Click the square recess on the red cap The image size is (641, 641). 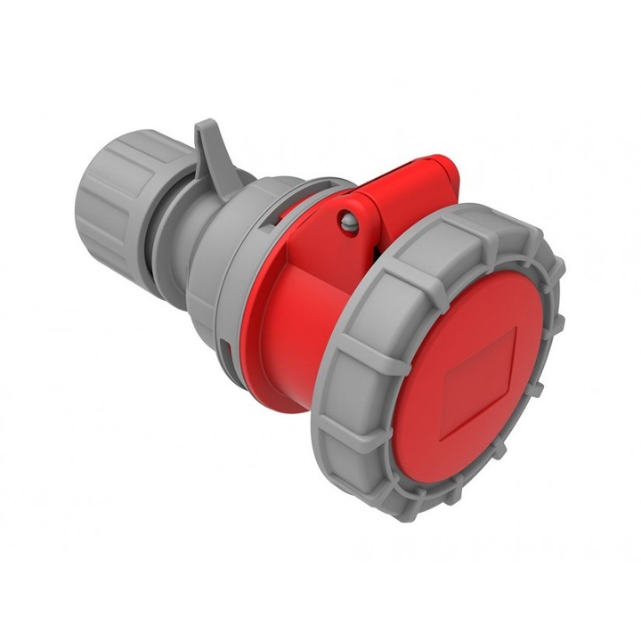pyautogui.click(x=481, y=374)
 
